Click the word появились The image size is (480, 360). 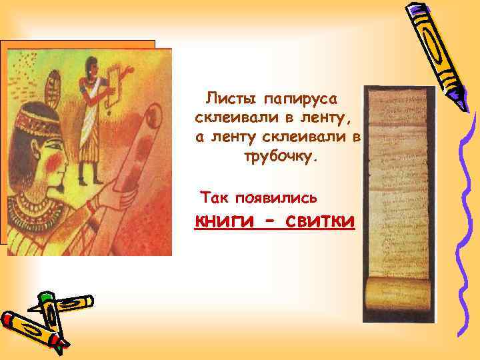click(279, 198)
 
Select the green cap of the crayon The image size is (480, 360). click(45, 298)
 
